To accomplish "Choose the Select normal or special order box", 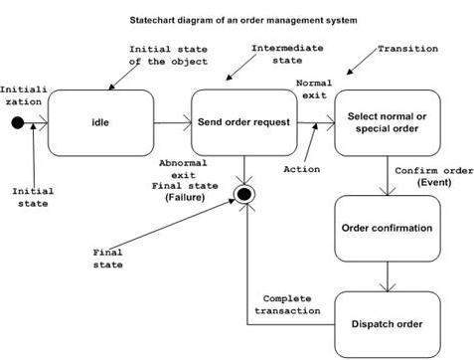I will point(386,122).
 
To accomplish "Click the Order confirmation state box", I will point(387,228).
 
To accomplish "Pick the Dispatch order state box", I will point(387,323).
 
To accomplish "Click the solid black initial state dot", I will point(17,123).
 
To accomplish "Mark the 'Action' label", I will point(303,168).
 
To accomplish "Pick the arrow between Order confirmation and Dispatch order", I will point(387,275).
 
